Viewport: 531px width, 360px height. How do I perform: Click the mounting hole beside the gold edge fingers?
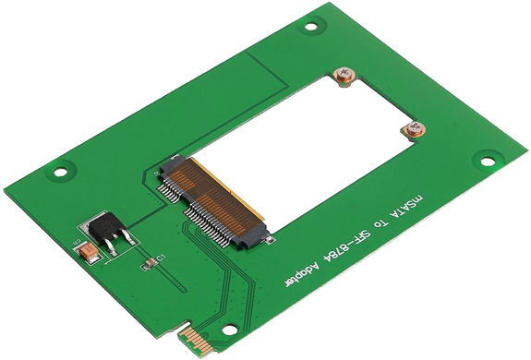pos(228,329)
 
